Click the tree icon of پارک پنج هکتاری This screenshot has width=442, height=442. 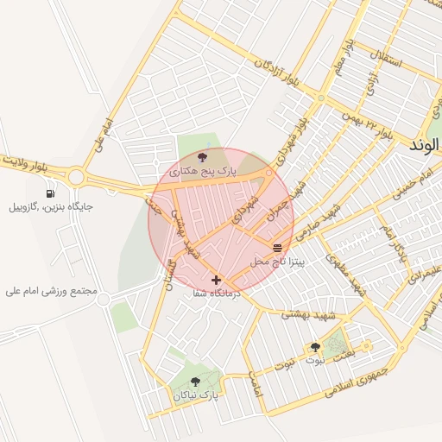coord(203,157)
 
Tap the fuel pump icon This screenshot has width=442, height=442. coord(53,193)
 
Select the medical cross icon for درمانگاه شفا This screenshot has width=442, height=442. coord(216,280)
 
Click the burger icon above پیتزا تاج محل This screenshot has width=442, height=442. coord(277,248)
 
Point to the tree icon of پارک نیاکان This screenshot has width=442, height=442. coord(196,380)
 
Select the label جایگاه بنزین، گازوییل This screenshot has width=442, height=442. coord(51,207)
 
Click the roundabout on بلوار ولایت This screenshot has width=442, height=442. coord(75,177)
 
